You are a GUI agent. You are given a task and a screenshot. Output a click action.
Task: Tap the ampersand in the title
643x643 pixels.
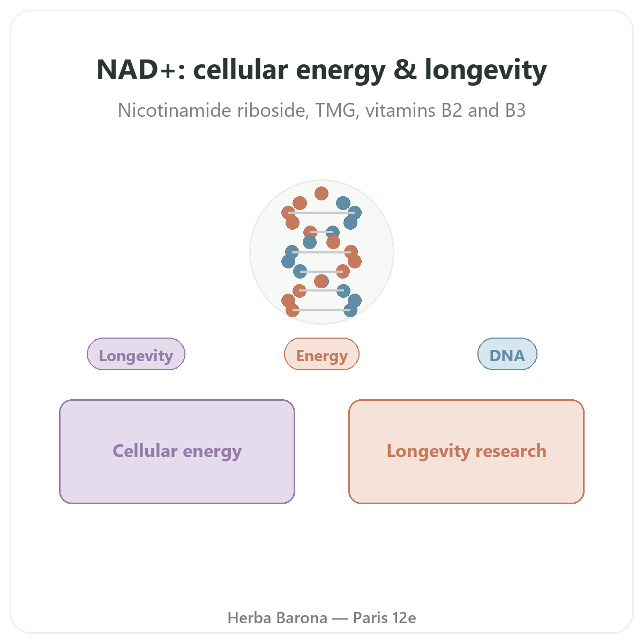[405, 70]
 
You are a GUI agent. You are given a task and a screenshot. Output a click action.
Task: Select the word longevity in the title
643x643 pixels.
[485, 71]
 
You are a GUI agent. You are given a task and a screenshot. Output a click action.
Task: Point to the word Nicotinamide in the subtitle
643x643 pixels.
[174, 110]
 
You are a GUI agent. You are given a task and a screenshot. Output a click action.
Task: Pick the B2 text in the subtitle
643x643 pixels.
[452, 110]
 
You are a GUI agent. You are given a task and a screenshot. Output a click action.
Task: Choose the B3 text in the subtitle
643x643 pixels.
[515, 110]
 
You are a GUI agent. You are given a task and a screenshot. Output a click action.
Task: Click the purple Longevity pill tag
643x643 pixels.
[136, 354]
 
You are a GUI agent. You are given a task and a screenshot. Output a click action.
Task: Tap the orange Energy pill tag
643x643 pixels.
[322, 354]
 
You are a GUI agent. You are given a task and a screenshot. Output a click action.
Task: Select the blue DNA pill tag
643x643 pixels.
[507, 354]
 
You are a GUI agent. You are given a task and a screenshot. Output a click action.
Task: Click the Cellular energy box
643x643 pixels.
[177, 451]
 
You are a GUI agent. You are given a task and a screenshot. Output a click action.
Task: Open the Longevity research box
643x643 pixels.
[466, 451]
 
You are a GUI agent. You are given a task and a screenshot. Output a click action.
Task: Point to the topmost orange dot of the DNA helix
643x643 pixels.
[321, 193]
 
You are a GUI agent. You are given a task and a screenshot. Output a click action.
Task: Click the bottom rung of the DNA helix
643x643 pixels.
[321, 310]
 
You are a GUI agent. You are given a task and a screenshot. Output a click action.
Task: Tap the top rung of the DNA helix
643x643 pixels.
[321, 213]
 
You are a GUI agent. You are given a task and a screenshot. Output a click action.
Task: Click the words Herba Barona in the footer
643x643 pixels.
[277, 618]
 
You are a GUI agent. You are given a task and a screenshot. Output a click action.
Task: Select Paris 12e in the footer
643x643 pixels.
[384, 618]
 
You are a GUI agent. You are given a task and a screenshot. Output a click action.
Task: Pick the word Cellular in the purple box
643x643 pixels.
[145, 451]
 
